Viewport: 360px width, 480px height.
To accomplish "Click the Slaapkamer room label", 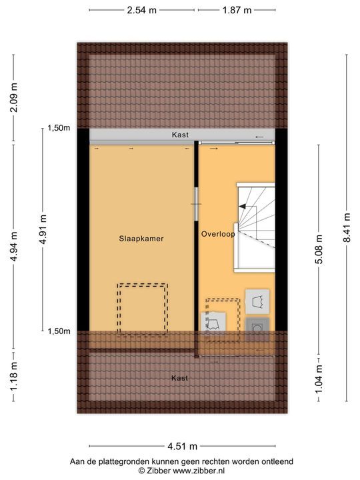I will click(141, 238).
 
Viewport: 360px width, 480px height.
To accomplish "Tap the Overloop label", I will click(218, 234).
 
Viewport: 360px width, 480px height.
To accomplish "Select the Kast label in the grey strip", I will click(180, 135).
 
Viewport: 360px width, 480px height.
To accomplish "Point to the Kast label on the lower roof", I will click(179, 378).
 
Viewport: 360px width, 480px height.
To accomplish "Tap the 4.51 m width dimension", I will click(182, 447).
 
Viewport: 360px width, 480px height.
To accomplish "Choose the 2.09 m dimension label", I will click(13, 101).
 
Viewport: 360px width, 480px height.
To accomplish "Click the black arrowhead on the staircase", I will click(243, 207).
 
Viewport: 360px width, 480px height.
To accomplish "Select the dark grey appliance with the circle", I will click(257, 329).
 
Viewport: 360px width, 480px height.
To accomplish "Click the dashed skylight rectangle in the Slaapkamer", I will click(142, 309).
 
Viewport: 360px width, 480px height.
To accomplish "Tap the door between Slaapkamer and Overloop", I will click(196, 203).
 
